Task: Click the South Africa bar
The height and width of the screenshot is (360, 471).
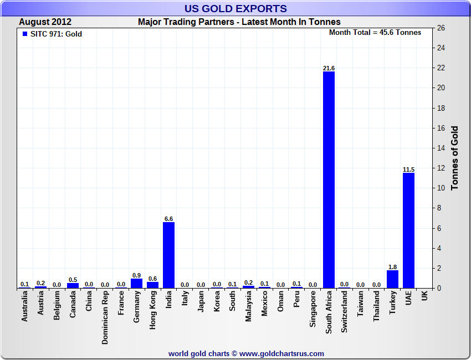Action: (x=329, y=180)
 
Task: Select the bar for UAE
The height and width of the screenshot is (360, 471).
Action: (x=408, y=230)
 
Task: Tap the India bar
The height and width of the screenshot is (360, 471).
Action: (x=168, y=255)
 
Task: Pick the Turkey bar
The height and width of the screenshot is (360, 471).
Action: (x=392, y=279)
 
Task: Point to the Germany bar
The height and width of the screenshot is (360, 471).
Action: (x=136, y=283)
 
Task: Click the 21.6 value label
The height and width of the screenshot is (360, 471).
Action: (x=329, y=68)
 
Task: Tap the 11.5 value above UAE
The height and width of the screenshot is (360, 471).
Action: (x=408, y=169)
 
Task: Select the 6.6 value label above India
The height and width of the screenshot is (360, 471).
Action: (x=168, y=219)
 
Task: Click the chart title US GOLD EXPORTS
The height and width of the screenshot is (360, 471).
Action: (x=235, y=8)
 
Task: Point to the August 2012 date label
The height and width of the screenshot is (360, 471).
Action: (x=45, y=22)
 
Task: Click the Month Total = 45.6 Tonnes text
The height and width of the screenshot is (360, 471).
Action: (x=375, y=32)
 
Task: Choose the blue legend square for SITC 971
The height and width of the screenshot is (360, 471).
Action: (x=24, y=34)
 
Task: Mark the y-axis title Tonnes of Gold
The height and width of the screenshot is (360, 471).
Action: (x=454, y=158)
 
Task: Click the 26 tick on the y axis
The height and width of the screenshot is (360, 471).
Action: (x=441, y=28)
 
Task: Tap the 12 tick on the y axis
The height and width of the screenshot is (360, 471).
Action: (x=441, y=168)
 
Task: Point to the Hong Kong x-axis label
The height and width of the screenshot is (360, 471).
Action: (x=153, y=310)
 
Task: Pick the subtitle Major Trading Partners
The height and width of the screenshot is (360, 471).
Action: (x=239, y=22)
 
